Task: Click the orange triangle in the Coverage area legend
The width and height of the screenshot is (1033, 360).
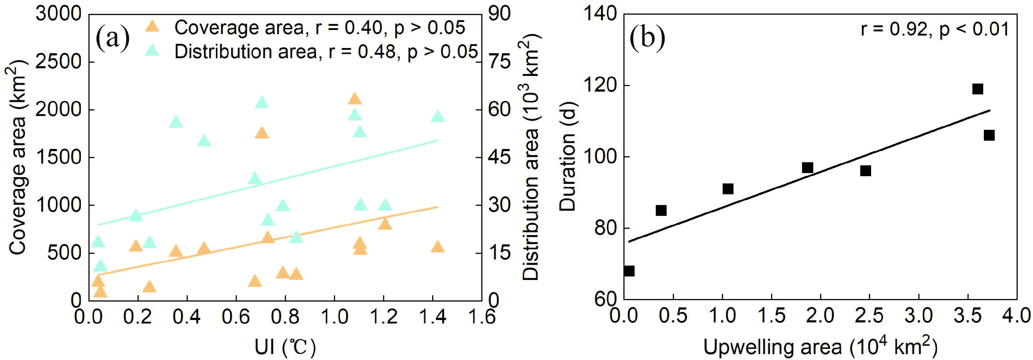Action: click(x=153, y=27)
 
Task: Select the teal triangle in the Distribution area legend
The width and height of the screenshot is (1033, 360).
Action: click(x=153, y=50)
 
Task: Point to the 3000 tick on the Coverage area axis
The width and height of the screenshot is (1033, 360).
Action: click(x=59, y=14)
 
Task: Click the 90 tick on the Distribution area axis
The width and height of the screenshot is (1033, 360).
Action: click(x=499, y=14)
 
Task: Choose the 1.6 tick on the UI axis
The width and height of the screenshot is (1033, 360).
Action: click(x=482, y=317)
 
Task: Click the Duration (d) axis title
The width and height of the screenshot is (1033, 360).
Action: click(x=567, y=156)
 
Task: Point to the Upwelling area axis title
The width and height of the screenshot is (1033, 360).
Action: click(x=820, y=347)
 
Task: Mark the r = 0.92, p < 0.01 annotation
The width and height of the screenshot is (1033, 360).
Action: click(x=934, y=29)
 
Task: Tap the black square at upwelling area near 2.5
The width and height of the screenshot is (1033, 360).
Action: click(x=865, y=171)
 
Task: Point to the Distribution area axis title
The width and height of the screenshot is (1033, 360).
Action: click(x=532, y=156)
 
